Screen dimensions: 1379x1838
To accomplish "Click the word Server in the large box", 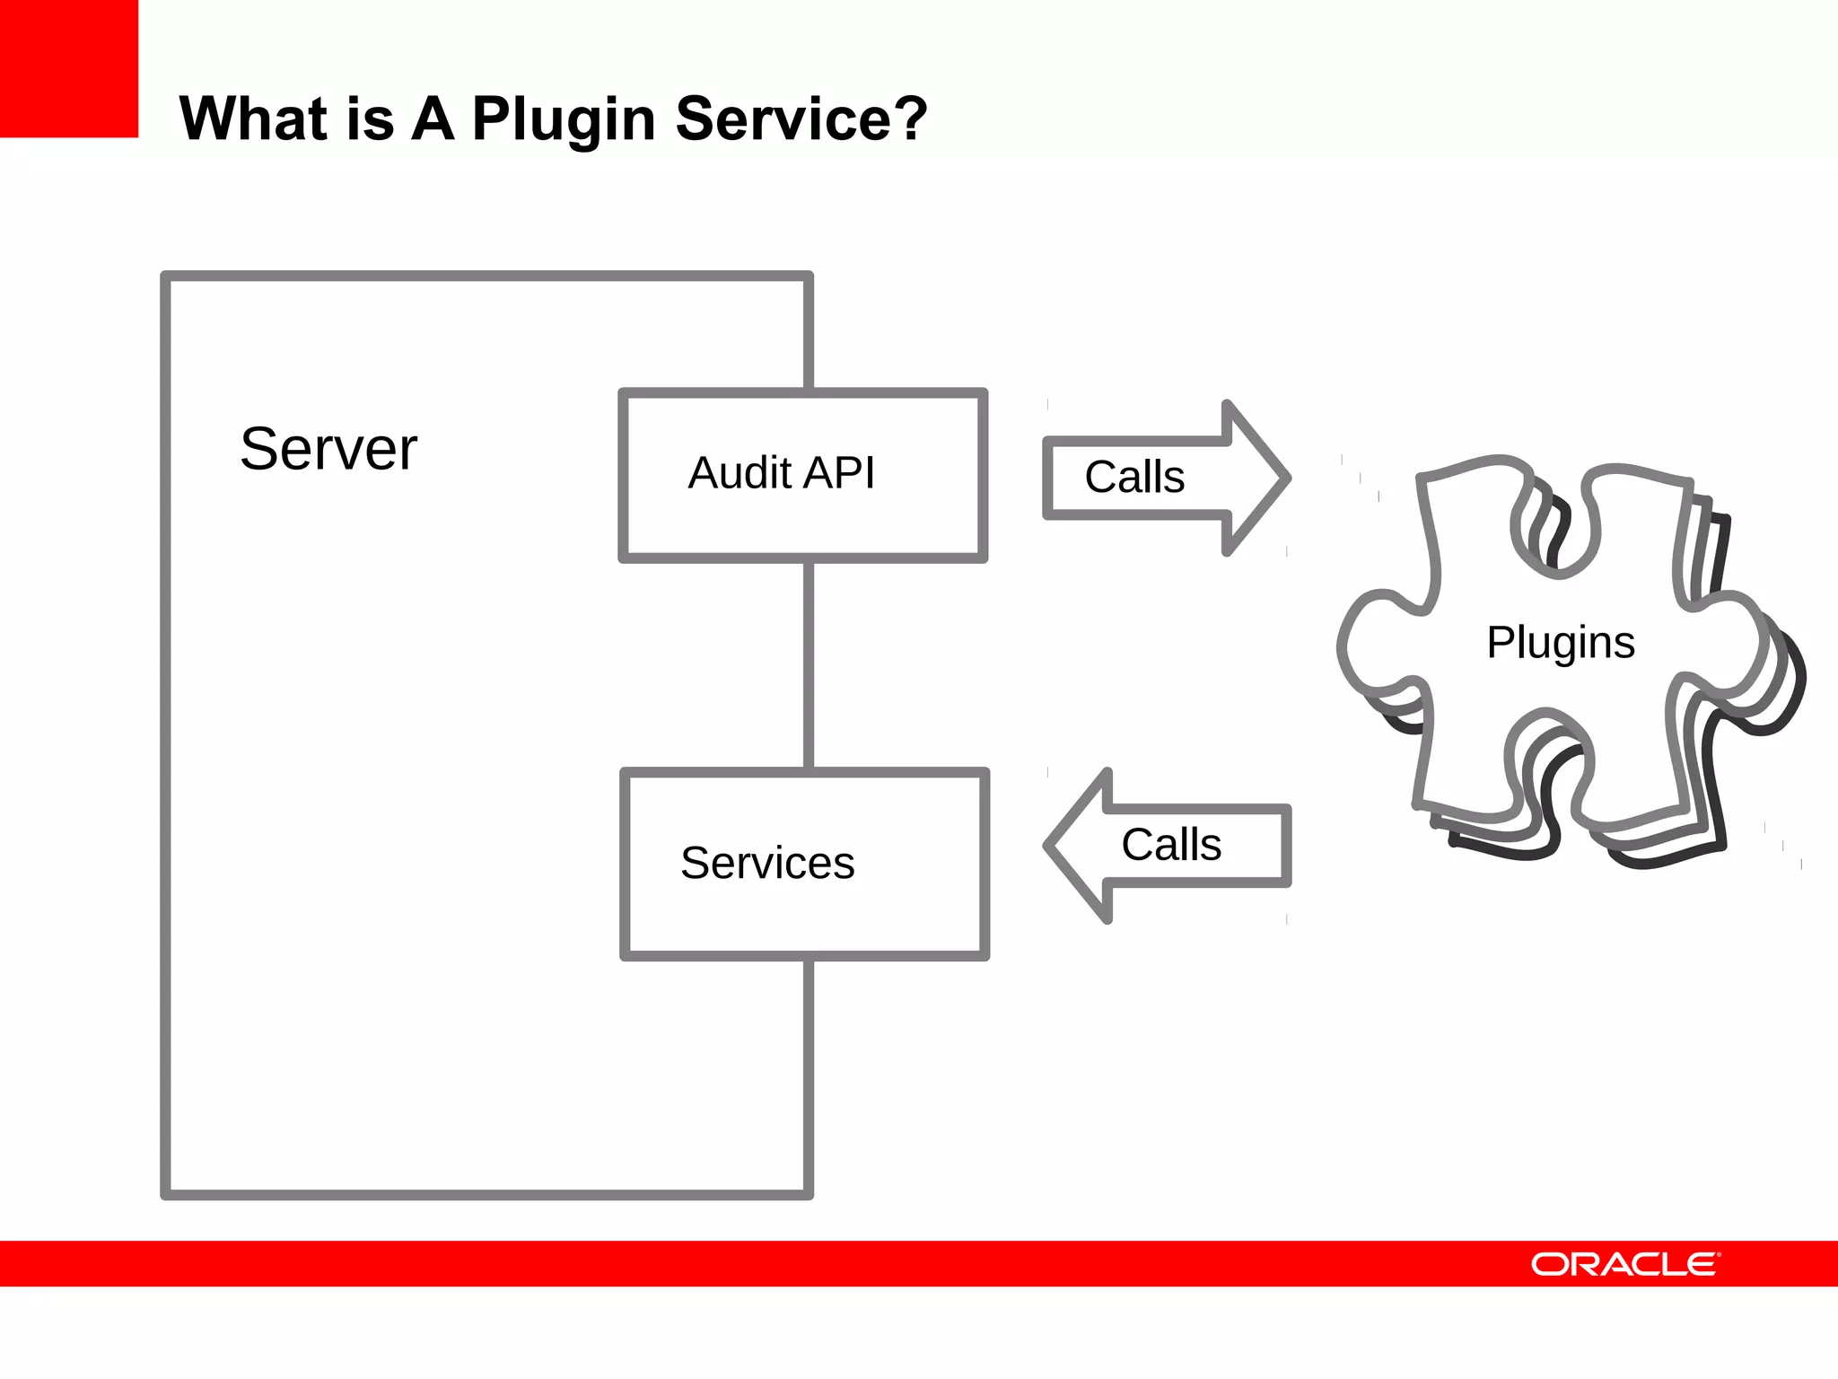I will pyautogui.click(x=328, y=449).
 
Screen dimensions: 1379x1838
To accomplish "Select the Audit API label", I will pyautogui.click(x=781, y=473).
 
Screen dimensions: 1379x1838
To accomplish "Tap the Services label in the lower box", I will pyautogui.click(x=767, y=863).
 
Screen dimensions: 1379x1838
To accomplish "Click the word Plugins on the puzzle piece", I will pyautogui.click(x=1560, y=643).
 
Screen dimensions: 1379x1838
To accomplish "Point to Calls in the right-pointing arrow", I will pyautogui.click(x=1134, y=477).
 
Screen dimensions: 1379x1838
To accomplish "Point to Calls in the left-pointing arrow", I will pyautogui.click(x=1171, y=845).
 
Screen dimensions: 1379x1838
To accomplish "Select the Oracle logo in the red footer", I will pyautogui.click(x=1625, y=1264).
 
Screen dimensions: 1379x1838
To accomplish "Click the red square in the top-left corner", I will pyautogui.click(x=68, y=68).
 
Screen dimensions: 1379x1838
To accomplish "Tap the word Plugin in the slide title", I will pyautogui.click(x=564, y=119).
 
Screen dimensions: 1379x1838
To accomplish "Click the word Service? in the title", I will pyautogui.click(x=801, y=119).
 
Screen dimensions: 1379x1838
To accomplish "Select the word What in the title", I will pyautogui.click(x=254, y=119).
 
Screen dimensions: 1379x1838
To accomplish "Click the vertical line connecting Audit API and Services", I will pyautogui.click(x=809, y=664).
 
